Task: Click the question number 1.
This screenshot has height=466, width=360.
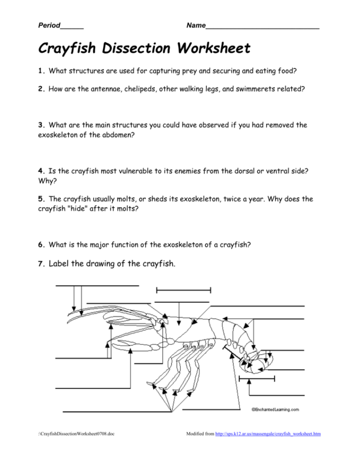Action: [41, 71]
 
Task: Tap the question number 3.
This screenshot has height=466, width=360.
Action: [41, 125]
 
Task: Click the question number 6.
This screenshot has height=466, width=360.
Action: [41, 245]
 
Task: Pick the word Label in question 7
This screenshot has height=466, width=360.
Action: [60, 263]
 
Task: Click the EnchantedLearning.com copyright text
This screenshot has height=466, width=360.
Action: [275, 409]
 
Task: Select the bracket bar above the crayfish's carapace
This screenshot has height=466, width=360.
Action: [183, 290]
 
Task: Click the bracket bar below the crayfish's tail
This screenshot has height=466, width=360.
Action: [256, 380]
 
